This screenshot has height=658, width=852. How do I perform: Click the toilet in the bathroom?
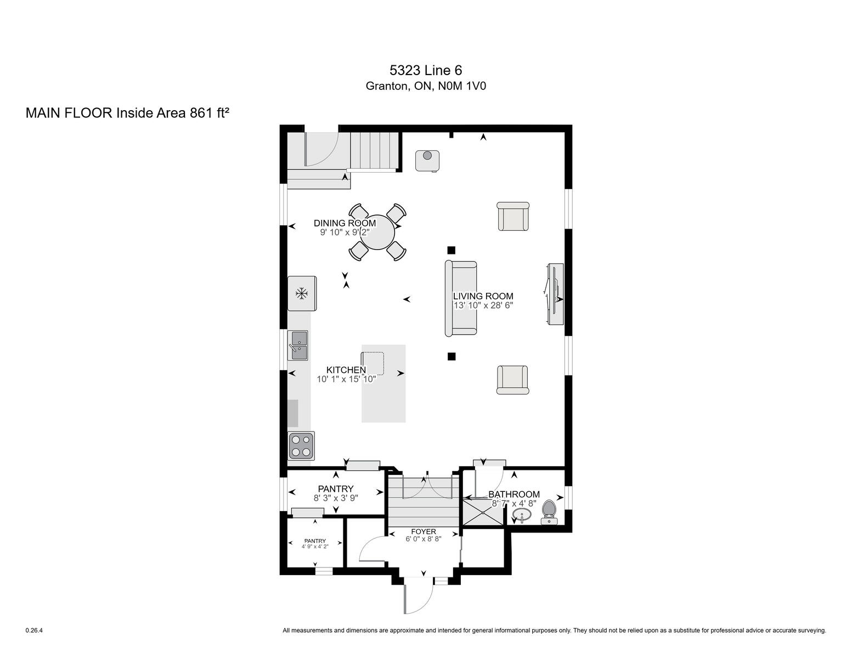click(549, 512)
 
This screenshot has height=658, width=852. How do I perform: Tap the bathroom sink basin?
click(522, 514)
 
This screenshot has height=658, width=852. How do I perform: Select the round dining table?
click(377, 232)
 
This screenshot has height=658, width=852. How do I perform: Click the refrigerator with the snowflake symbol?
click(302, 293)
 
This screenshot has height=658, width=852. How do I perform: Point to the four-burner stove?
click(301, 446)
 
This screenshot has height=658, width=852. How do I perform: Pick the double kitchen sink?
click(298, 345)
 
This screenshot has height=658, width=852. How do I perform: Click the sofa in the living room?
click(461, 299)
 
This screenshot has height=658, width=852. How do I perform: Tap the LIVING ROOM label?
click(483, 296)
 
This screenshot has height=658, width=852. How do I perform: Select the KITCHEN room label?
click(346, 370)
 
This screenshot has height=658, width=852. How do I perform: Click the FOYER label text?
click(424, 532)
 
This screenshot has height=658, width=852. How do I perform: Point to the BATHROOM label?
click(514, 495)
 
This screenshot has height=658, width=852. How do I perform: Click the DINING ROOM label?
click(345, 223)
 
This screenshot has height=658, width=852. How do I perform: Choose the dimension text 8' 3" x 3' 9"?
click(336, 498)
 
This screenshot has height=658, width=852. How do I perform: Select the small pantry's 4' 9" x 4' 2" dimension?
click(315, 546)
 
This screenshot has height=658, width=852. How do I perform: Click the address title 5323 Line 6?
click(426, 70)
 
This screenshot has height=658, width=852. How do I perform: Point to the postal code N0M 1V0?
click(462, 86)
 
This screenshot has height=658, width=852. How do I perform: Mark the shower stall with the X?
click(483, 512)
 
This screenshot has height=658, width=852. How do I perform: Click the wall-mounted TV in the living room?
click(555, 294)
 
